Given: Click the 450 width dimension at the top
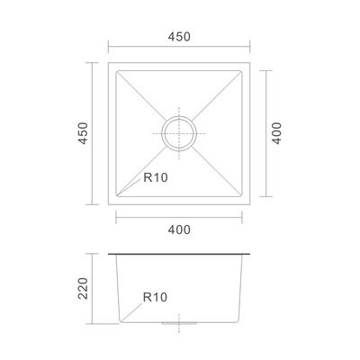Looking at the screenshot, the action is [179, 37].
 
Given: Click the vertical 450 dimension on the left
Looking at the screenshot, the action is [84, 133].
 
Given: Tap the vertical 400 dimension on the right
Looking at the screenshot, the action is [277, 133].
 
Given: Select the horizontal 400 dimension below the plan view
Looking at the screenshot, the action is [179, 229].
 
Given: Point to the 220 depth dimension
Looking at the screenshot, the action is [83, 288].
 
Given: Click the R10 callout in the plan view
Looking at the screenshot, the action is [156, 177].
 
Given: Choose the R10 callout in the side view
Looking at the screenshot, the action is [155, 297].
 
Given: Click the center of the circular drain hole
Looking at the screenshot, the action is [179, 133].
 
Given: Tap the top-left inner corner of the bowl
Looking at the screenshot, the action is [116, 71].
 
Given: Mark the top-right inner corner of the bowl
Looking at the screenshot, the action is [241, 71].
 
